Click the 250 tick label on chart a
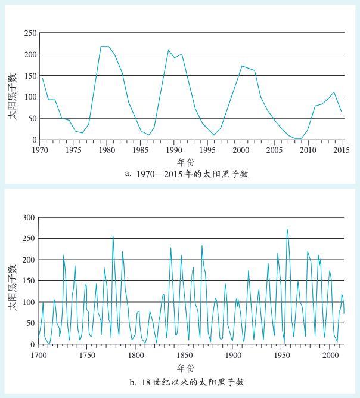29,33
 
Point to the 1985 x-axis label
140,150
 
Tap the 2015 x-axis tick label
342,150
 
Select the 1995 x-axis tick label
207,150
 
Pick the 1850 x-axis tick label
185,355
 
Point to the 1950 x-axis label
282,355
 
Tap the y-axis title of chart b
12,280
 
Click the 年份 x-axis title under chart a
185,162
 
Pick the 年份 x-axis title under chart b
185,368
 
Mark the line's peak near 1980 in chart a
105,47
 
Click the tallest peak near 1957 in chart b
287,229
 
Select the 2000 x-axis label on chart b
331,355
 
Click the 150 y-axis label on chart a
29,76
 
